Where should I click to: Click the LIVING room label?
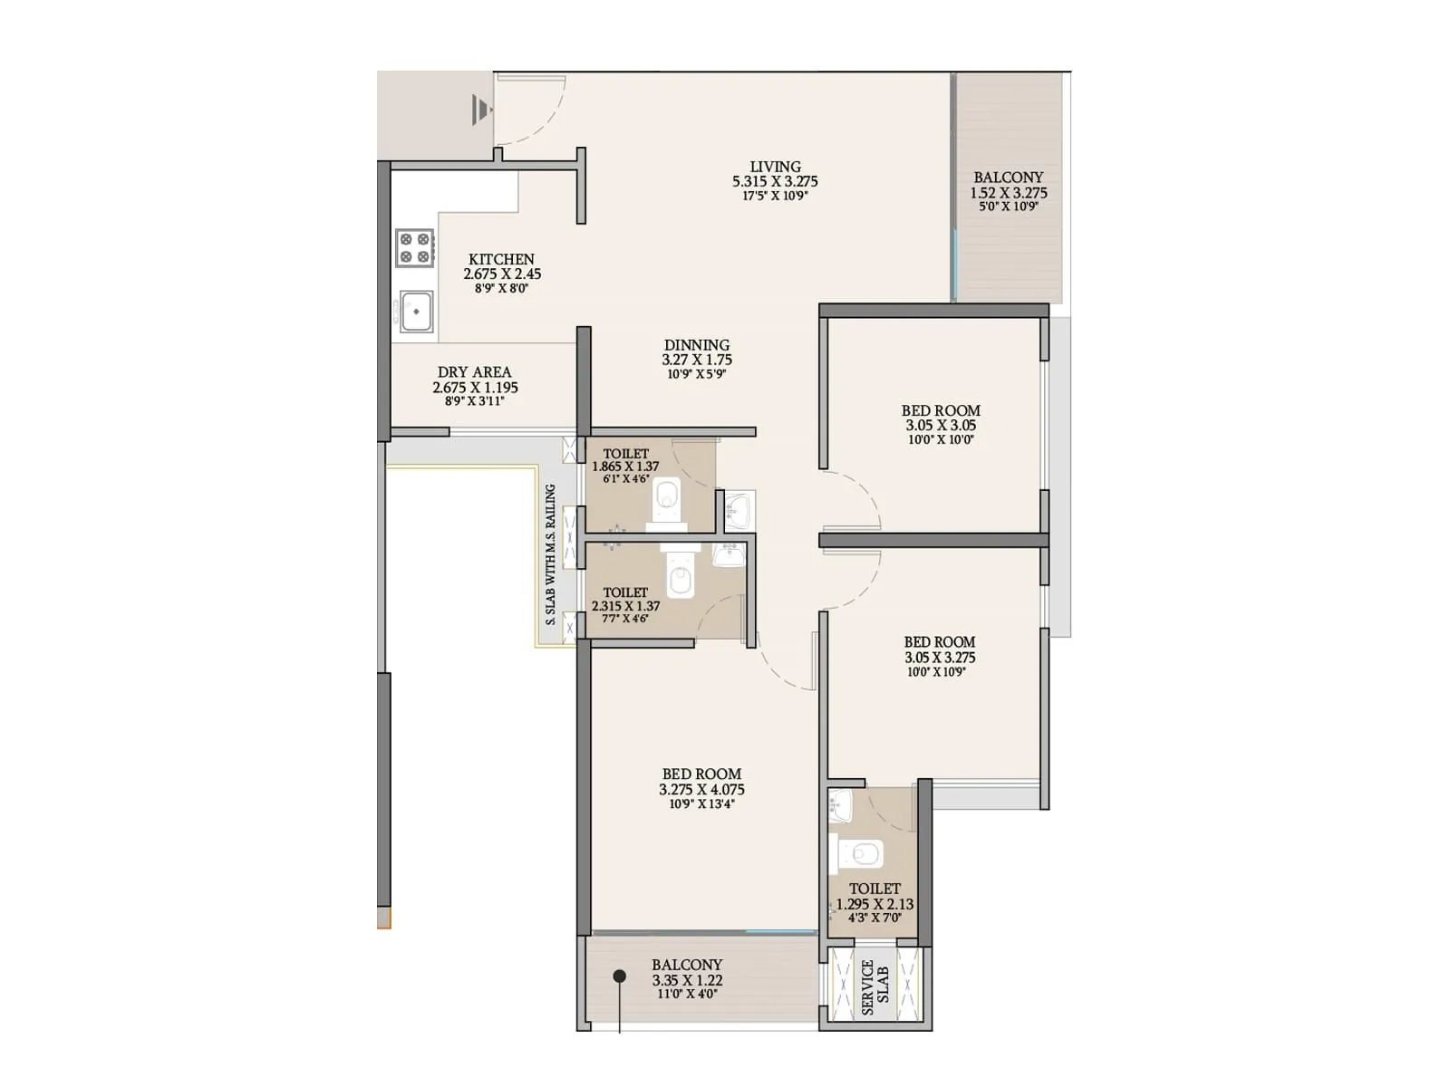tap(775, 167)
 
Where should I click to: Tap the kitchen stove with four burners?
tap(415, 248)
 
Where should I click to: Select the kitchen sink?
tap(416, 312)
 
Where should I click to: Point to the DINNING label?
tap(696, 345)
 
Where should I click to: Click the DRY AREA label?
tap(474, 371)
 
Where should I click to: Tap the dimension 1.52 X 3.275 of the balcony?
tap(1008, 193)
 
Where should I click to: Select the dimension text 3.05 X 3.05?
tap(940, 425)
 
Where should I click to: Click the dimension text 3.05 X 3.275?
tap(940, 658)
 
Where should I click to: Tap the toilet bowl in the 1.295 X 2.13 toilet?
tap(863, 853)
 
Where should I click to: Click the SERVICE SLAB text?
tap(875, 987)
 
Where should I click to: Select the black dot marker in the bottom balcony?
tap(619, 976)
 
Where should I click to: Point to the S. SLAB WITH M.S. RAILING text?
tap(550, 554)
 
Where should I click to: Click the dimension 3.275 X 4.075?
tap(701, 790)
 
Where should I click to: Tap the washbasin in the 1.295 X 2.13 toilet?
tap(839, 804)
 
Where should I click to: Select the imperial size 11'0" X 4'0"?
tap(686, 995)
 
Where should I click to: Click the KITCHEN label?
tap(501, 259)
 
